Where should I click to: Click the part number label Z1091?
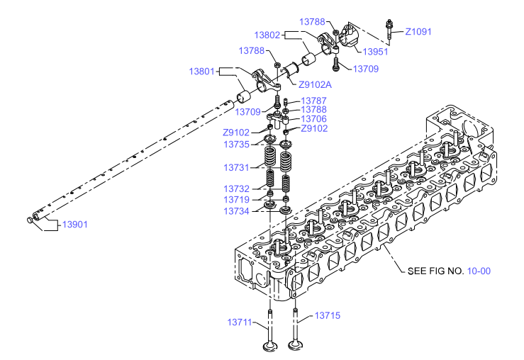pyautogui.click(x=418, y=32)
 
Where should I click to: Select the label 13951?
pyautogui.click(x=375, y=52)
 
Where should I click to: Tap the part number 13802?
pyautogui.click(x=267, y=35)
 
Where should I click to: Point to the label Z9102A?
pyautogui.click(x=315, y=85)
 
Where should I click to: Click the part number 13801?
pyautogui.click(x=201, y=72)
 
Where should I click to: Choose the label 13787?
pyautogui.click(x=314, y=101)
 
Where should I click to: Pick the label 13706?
pyautogui.click(x=314, y=119)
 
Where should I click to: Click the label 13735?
pyautogui.click(x=237, y=145)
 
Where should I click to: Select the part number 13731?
pyautogui.click(x=237, y=168)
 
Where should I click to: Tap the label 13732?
pyautogui.click(x=237, y=189)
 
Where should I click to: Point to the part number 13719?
pyautogui.click(x=237, y=200)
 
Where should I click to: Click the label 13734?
pyautogui.click(x=237, y=211)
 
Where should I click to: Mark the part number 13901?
pyautogui.click(x=75, y=225)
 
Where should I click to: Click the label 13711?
pyautogui.click(x=239, y=322)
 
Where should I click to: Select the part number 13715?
pyautogui.click(x=328, y=315)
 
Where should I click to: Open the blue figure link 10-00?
pyautogui.click(x=479, y=271)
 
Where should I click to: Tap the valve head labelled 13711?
pyautogui.click(x=270, y=347)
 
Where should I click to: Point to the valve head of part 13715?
pyautogui.click(x=295, y=345)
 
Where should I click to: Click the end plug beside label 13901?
pyautogui.click(x=29, y=220)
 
